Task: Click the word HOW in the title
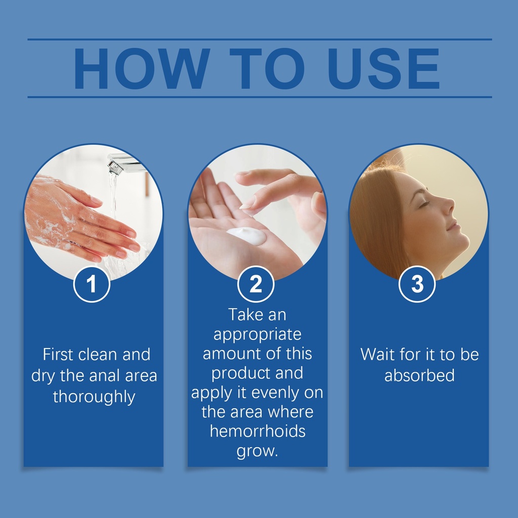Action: coord(142,68)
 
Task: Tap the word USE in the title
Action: coord(383,68)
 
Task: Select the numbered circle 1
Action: coord(92,284)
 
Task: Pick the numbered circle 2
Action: coord(255,284)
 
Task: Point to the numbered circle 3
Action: coord(417,284)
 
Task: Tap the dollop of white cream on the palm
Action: coord(246,236)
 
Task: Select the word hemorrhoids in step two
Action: coord(257,431)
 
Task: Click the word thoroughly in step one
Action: coord(94,397)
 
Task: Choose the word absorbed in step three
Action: coord(419,375)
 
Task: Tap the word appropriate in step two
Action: coord(257,335)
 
